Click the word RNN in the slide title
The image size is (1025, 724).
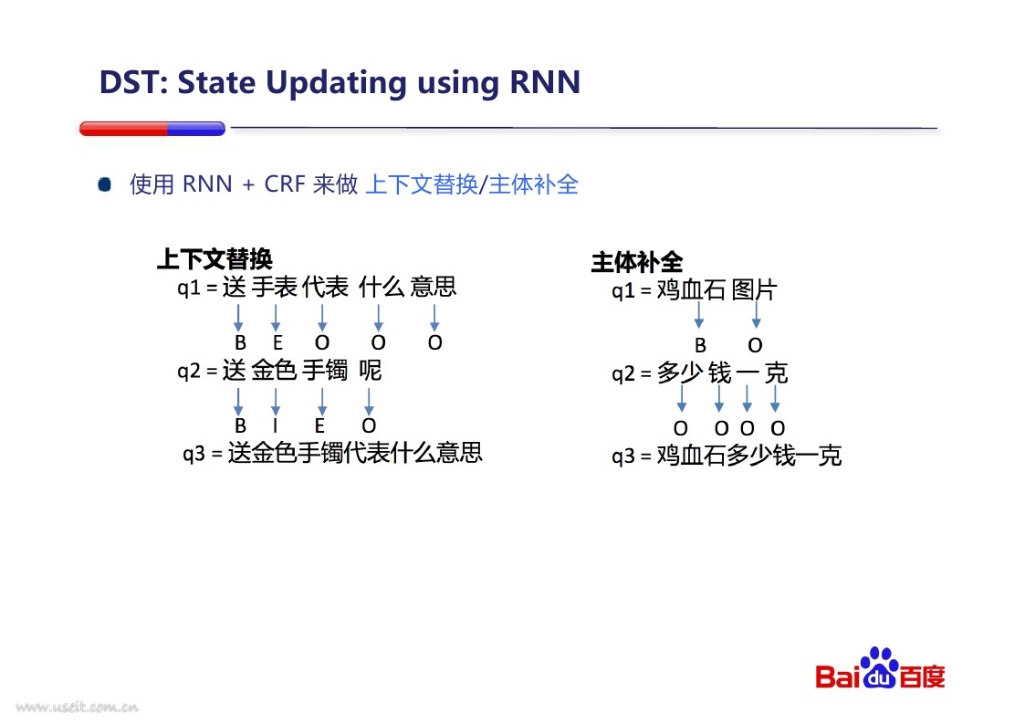tap(545, 82)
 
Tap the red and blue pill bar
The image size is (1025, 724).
tap(152, 128)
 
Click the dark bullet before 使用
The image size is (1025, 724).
tap(105, 184)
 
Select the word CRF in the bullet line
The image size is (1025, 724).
tap(285, 184)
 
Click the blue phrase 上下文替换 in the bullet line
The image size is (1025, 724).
tap(422, 184)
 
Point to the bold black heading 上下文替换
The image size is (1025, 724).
tap(215, 259)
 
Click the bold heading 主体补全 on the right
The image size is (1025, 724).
tap(637, 262)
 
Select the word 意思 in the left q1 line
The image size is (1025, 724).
tap(434, 287)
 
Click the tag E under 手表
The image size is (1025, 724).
tap(277, 342)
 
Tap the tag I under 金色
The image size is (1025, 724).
tap(276, 425)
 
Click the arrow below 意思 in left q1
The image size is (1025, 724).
tap(434, 317)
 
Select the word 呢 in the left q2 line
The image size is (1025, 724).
tap(370, 370)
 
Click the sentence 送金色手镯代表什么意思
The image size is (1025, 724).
tap(355, 453)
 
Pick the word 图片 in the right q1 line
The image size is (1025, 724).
tap(754, 289)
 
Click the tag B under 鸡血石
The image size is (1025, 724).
tap(700, 345)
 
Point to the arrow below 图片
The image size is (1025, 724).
tap(757, 314)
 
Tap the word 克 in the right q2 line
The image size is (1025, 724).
tap(776, 372)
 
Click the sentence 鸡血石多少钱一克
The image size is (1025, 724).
tap(749, 456)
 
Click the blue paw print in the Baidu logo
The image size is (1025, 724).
tap(880, 667)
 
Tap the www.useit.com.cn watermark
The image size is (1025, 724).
tap(78, 707)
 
